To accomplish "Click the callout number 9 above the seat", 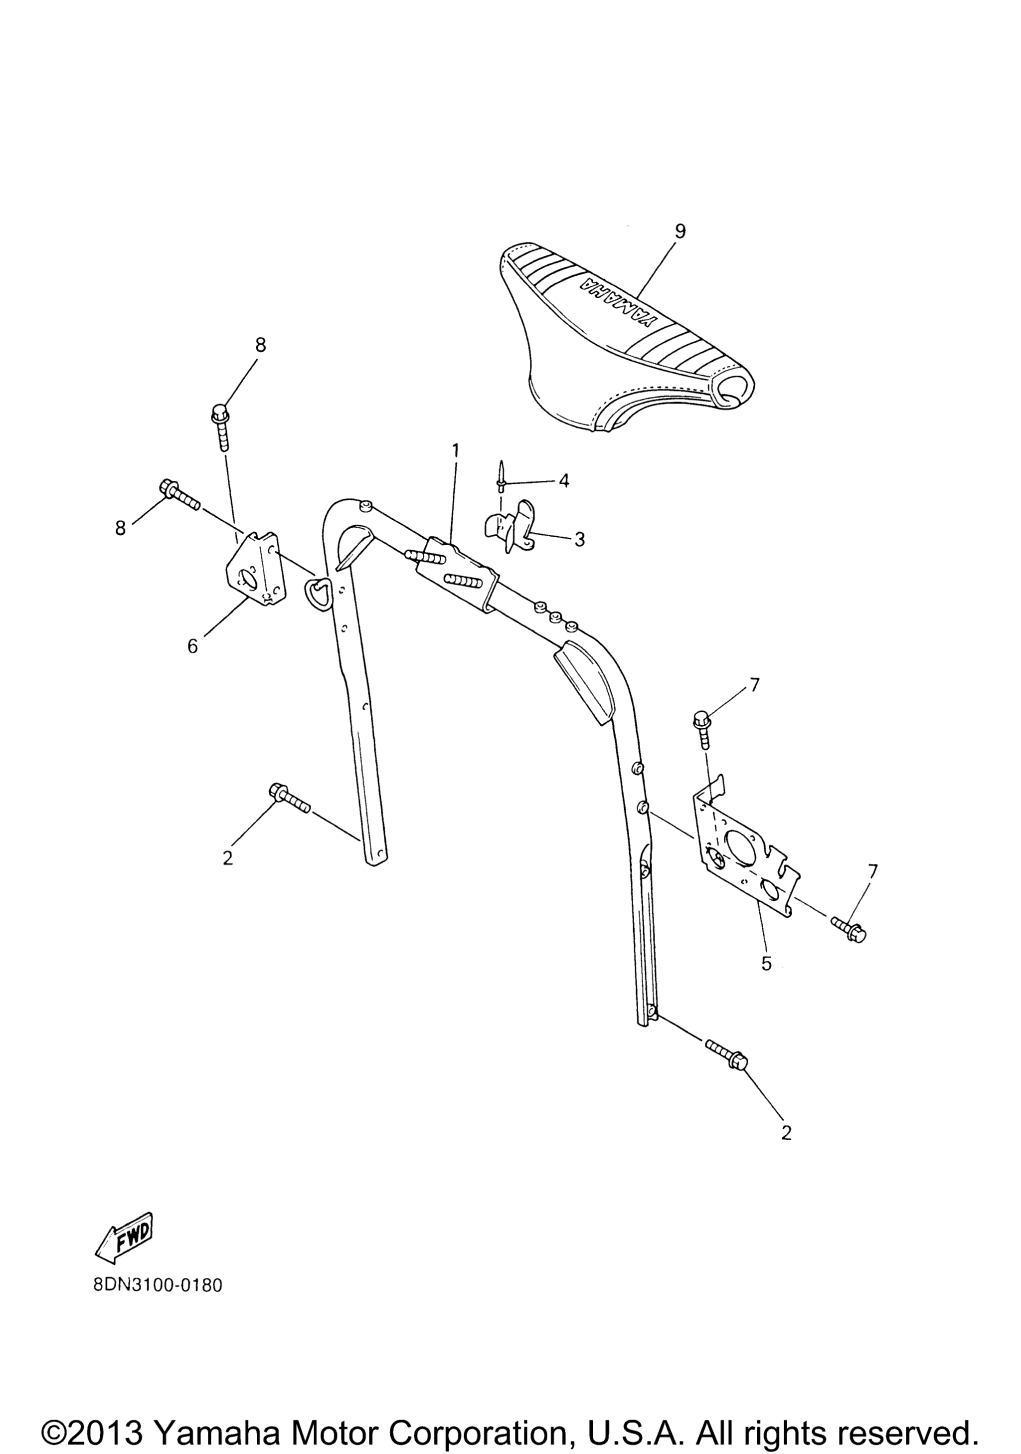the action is click(x=680, y=231).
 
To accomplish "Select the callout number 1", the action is click(x=455, y=451).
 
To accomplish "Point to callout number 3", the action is click(x=579, y=539).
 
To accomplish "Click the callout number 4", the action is click(x=563, y=481).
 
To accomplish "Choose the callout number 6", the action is click(x=192, y=646).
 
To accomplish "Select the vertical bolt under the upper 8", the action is click(x=221, y=428).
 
